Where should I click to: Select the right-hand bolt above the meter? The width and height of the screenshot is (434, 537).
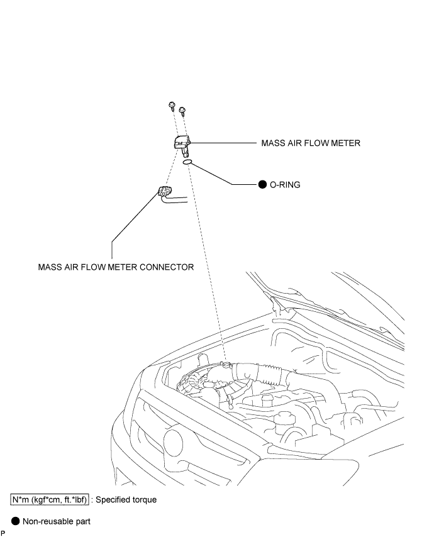tap(182, 110)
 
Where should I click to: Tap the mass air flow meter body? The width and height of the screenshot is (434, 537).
tap(182, 145)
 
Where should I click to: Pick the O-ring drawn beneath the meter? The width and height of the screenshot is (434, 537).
tap(187, 162)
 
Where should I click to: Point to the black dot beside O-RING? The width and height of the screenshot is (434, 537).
tap(262, 185)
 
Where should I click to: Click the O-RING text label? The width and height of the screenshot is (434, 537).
tap(285, 185)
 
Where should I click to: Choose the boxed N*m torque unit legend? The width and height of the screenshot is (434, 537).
tap(50, 500)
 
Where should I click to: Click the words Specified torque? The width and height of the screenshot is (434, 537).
tap(126, 500)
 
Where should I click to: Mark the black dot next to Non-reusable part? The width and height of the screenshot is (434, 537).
tap(16, 521)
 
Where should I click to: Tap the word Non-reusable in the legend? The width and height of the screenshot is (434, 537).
tap(44, 521)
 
